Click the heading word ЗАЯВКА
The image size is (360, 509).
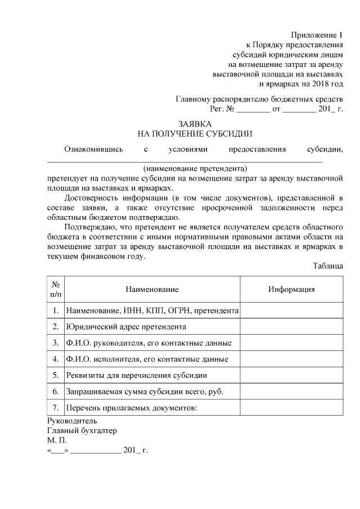click(195, 123)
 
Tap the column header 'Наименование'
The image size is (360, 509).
click(152, 289)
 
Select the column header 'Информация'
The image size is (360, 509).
click(291, 289)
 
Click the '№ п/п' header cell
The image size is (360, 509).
click(56, 289)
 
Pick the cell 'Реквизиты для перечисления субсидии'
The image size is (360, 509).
click(137, 375)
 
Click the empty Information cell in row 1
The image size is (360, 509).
click(291, 310)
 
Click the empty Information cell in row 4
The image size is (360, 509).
click(291, 359)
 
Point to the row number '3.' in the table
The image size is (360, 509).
click(56, 343)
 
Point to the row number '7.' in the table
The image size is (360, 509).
click(56, 407)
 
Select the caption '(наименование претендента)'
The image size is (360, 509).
click(195, 168)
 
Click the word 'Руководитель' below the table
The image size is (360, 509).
click(73, 420)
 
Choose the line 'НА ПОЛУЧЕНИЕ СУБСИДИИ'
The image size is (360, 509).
click(195, 134)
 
